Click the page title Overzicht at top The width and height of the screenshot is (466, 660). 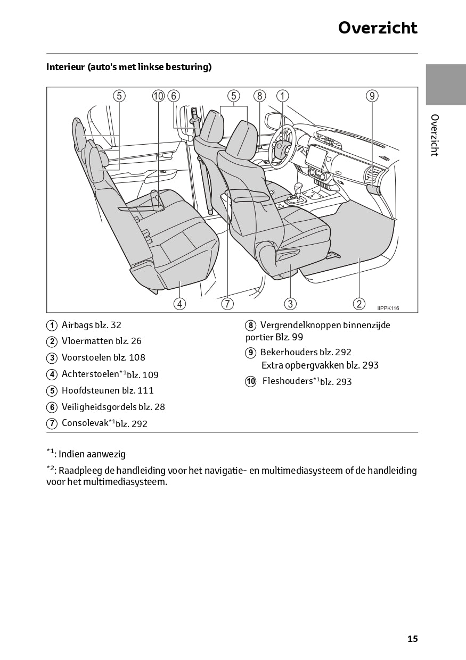(378, 28)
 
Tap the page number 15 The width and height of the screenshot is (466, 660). (413, 639)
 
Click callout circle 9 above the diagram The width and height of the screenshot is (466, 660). (372, 96)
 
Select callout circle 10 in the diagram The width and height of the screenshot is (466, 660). (158, 96)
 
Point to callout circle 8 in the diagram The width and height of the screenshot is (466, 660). (259, 96)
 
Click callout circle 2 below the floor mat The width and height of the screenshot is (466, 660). (359, 304)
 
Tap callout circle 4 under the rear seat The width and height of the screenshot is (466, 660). (179, 304)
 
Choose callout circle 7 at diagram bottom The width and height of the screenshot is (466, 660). (227, 304)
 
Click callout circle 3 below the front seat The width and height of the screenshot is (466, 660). (290, 304)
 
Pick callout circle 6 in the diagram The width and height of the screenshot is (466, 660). (174, 96)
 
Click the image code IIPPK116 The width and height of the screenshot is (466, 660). (388, 308)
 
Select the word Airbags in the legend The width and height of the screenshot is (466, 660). (77, 325)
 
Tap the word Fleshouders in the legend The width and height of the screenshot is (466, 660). (287, 381)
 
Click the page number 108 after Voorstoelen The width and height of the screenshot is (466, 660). (137, 357)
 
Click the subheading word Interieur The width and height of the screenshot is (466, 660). (66, 67)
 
